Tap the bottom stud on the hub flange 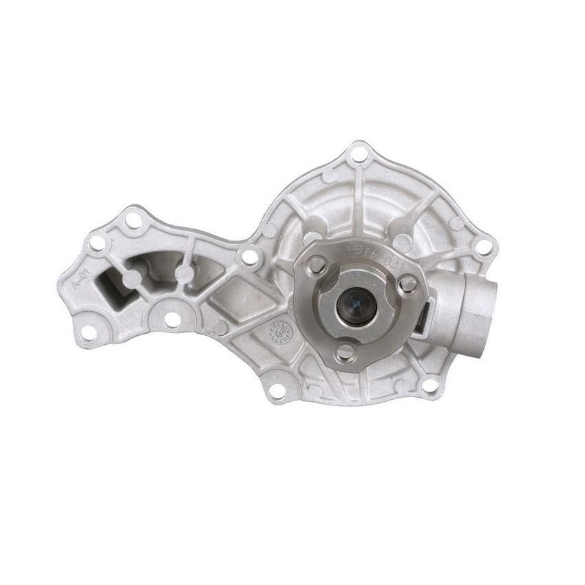(342, 352)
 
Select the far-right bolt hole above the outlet (487, 246)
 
